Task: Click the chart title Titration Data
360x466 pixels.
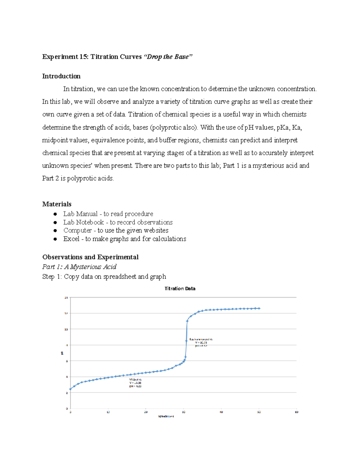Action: pos(180,288)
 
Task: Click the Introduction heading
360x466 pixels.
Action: pos(61,76)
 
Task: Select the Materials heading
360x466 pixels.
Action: pos(57,204)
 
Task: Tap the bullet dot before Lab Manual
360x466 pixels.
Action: pos(55,214)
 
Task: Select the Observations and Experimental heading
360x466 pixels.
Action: pos(90,257)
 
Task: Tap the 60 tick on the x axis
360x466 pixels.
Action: pos(296,412)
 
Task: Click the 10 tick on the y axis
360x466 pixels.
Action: pos(66,329)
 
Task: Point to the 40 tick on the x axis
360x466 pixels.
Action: pos(221,412)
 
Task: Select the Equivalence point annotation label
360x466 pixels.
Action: pos(201,339)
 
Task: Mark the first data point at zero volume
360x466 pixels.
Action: pos(70,389)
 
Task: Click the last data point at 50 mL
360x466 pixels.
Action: pos(259,308)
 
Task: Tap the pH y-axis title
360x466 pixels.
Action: pos(62,353)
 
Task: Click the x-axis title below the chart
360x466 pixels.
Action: pos(166,416)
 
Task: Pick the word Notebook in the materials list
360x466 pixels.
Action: pos(90,222)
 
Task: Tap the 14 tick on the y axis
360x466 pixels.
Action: pos(66,298)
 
